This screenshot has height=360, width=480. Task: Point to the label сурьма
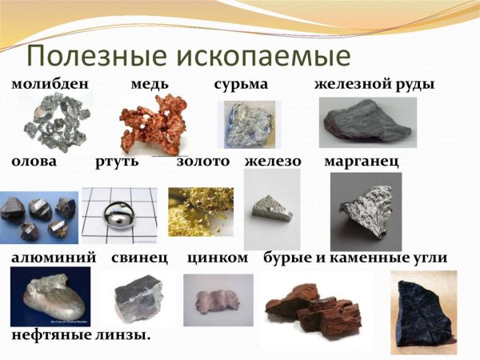(x=240, y=83)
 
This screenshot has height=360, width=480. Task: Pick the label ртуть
(x=117, y=162)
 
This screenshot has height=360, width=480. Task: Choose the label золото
(x=202, y=162)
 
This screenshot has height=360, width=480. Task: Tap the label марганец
(x=362, y=162)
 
